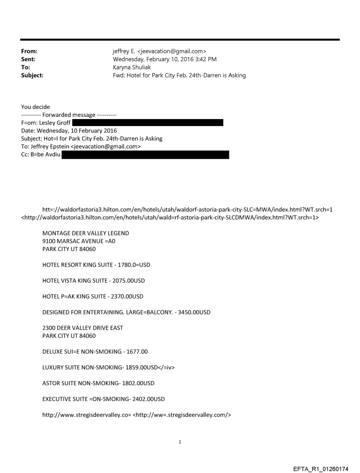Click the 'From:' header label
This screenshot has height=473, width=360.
(x=30, y=52)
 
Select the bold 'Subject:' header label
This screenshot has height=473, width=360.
(x=32, y=75)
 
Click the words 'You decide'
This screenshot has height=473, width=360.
(x=35, y=107)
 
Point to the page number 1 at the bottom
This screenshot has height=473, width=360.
(x=180, y=442)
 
